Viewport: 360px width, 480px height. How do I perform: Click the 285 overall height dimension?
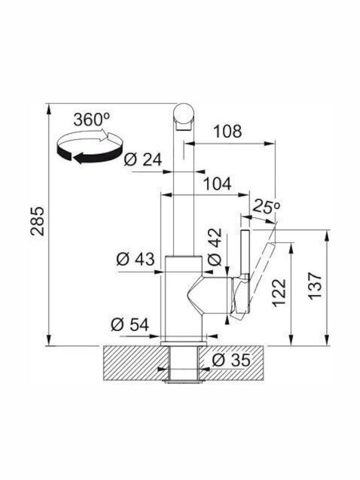[x=37, y=221]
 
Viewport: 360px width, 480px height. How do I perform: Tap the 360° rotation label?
[x=91, y=119]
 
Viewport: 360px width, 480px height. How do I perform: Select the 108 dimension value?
[x=227, y=131]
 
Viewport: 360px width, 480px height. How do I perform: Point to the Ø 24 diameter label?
[x=143, y=159]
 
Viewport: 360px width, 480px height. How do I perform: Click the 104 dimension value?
[x=217, y=184]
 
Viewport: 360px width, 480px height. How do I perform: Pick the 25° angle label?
[x=265, y=207]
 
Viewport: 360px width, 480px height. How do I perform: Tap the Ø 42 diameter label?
[x=215, y=247]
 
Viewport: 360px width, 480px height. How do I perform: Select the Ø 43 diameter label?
[x=135, y=259]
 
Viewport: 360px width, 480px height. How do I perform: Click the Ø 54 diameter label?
[x=130, y=325]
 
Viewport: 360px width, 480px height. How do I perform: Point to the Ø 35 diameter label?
[x=231, y=360]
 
